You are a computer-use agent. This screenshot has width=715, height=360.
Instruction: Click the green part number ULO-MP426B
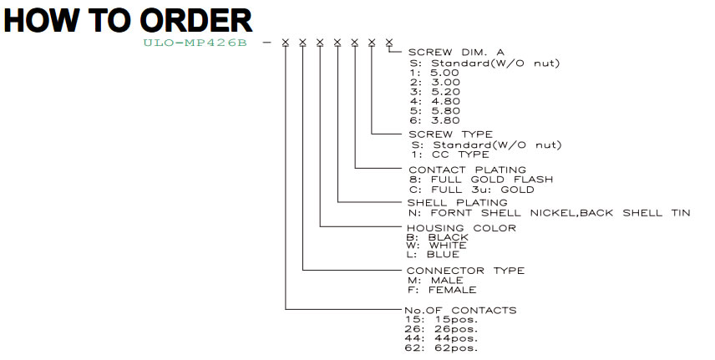[195, 43]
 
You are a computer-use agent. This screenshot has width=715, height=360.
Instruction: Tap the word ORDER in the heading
[196, 21]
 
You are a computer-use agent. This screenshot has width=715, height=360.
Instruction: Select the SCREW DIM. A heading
[456, 53]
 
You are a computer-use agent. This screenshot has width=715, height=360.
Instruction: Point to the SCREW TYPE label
[450, 134]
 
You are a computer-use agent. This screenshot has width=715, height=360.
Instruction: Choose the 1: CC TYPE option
[450, 155]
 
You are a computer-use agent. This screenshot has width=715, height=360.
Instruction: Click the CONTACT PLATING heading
[468, 170]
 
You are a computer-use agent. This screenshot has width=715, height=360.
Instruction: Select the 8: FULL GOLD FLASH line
[480, 180]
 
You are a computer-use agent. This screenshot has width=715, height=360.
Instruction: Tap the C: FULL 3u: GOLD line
[471, 190]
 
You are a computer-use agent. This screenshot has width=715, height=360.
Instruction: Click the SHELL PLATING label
[457, 203]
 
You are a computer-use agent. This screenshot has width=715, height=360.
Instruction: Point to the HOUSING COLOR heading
[461, 228]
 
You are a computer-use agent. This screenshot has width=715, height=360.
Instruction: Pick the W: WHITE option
[436, 246]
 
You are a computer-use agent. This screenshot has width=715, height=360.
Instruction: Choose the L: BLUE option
[433, 254]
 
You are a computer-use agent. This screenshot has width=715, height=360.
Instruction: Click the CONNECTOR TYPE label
[465, 271]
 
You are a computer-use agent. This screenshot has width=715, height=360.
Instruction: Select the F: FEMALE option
[441, 290]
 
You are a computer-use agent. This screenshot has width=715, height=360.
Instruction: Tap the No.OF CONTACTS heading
[460, 310]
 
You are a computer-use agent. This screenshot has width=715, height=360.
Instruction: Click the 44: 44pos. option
[441, 338]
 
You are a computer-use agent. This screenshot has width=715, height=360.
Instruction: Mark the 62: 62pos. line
[441, 347]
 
